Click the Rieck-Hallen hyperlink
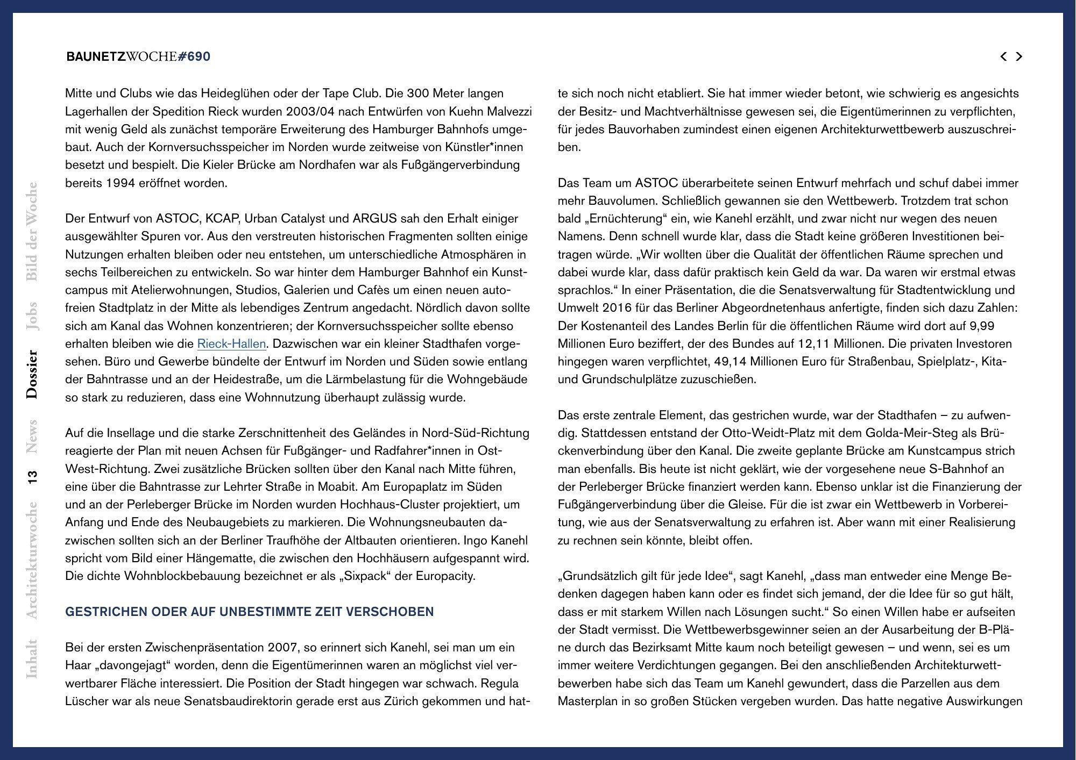point(231,344)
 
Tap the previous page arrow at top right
point(1003,56)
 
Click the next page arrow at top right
point(1019,56)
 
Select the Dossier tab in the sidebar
point(32,374)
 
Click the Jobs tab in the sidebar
point(32,316)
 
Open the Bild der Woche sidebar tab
point(32,232)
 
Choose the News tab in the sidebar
point(32,436)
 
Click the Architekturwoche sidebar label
point(32,560)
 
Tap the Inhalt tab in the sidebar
point(32,658)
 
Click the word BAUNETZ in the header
point(95,56)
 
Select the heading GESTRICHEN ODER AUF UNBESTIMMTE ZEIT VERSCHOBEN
point(249,612)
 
